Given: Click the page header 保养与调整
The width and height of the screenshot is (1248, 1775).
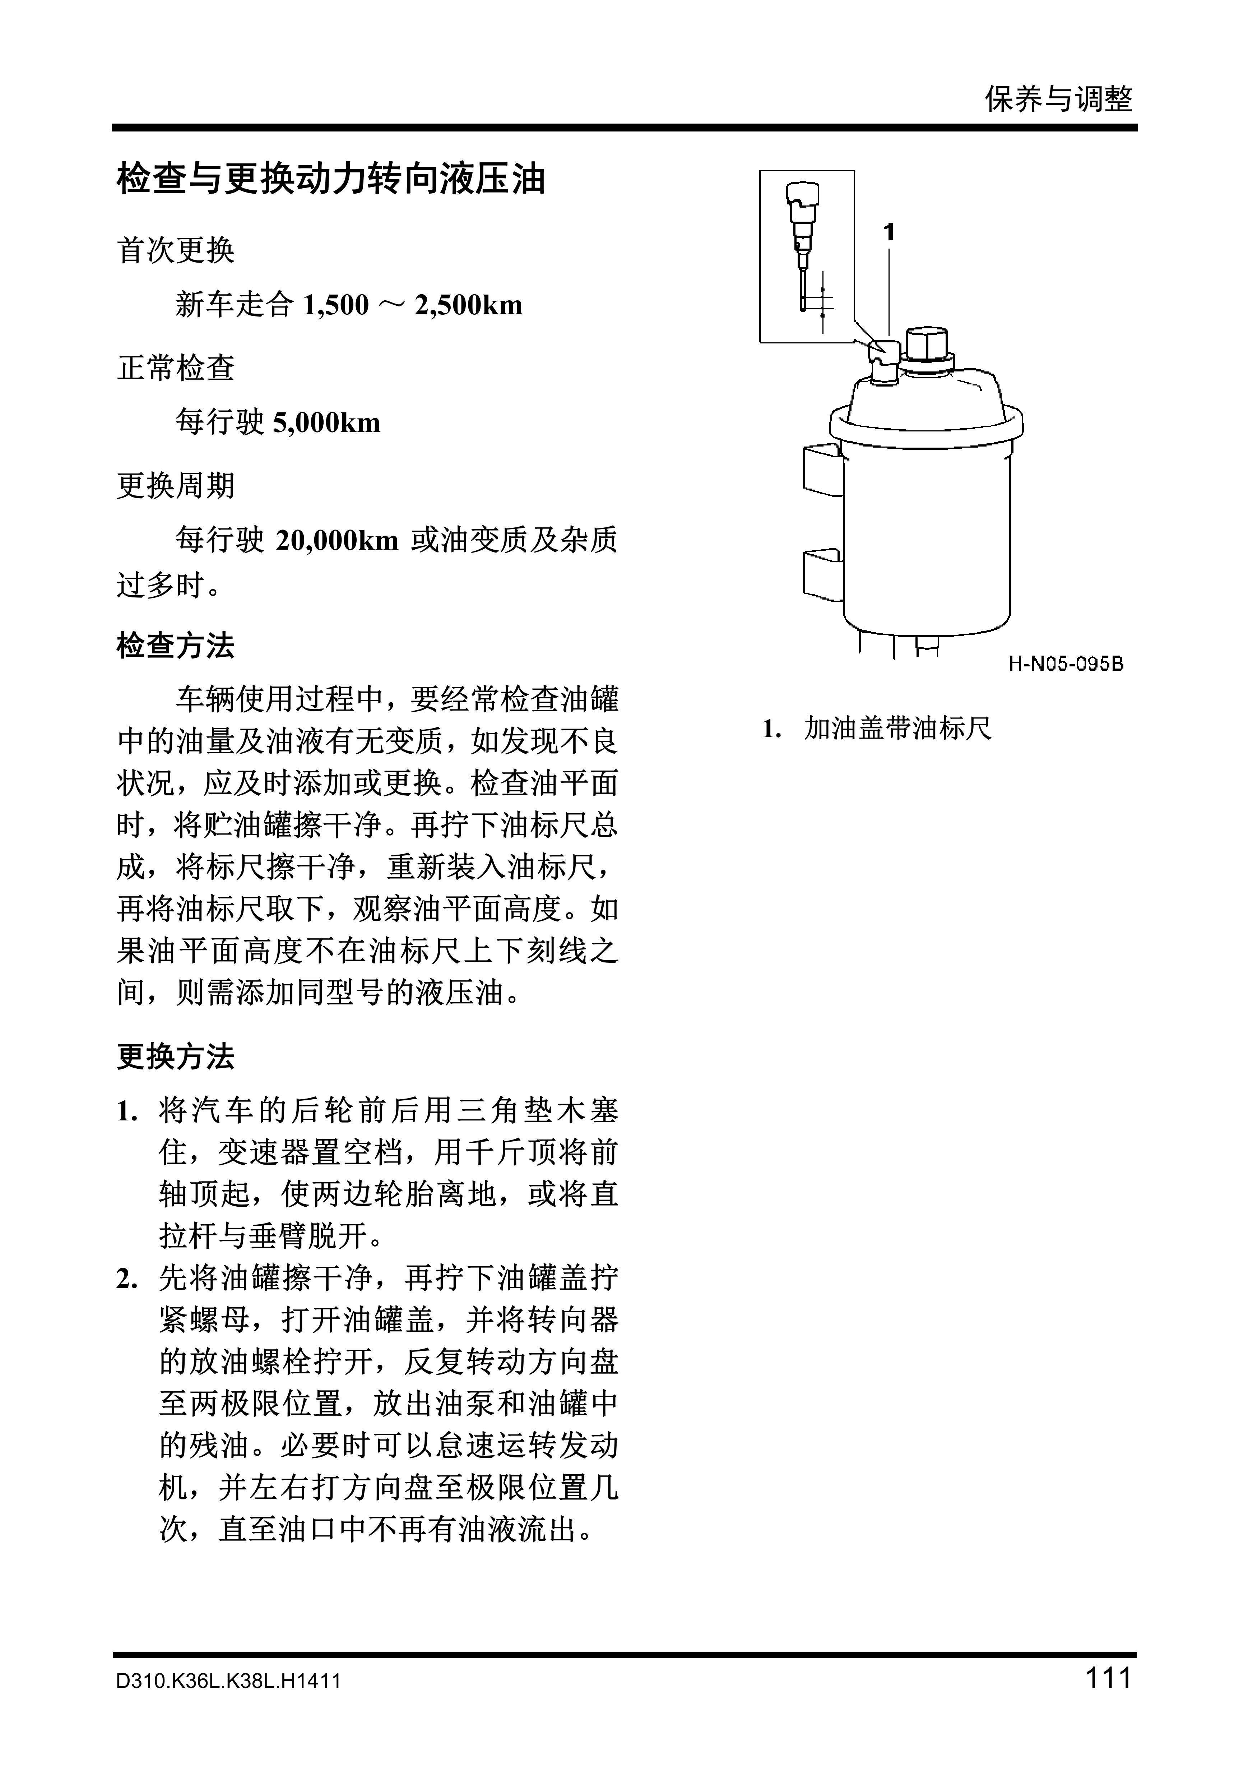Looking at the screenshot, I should (x=1058, y=99).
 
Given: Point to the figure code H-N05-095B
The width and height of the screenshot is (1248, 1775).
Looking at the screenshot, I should (x=1066, y=663).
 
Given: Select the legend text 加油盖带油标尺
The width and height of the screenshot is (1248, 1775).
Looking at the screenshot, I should (x=897, y=728).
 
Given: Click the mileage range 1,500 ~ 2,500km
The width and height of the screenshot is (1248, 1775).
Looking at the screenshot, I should (x=412, y=305).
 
